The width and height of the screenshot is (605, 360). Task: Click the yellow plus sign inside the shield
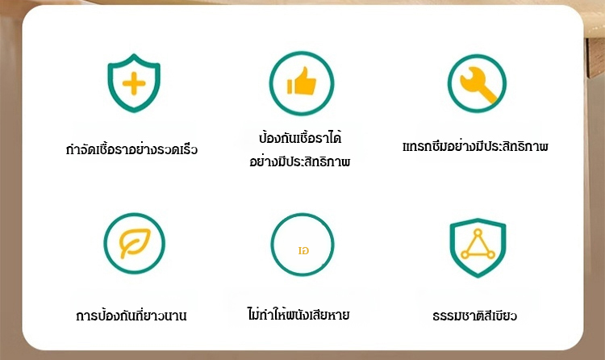(x=134, y=83)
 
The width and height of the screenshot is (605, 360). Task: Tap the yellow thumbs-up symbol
(x=302, y=81)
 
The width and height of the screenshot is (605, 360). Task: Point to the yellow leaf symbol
(x=135, y=243)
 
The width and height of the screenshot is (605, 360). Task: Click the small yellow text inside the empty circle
(x=303, y=251)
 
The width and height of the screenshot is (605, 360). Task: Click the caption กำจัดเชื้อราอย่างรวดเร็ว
(x=131, y=149)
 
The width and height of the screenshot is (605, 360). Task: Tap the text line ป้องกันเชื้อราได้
(x=300, y=138)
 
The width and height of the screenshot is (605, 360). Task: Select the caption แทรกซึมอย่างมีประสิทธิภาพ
(x=475, y=146)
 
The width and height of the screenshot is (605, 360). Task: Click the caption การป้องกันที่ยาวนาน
(x=131, y=315)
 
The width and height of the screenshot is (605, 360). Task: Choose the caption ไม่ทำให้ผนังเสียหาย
(x=298, y=314)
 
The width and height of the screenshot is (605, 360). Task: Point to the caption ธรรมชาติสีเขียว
(x=474, y=316)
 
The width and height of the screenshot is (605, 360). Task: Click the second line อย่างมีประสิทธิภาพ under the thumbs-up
(x=300, y=161)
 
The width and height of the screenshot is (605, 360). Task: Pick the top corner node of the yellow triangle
(x=478, y=232)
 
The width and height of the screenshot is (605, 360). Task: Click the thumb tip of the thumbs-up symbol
(x=306, y=69)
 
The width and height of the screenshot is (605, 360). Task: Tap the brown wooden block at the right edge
(x=595, y=58)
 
